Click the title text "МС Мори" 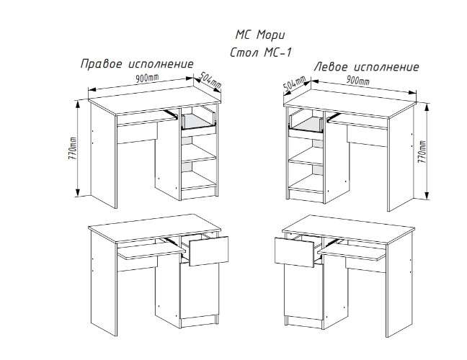260,35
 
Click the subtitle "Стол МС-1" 261,53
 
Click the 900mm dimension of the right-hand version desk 147,78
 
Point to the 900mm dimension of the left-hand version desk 357,80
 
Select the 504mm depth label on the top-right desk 294,84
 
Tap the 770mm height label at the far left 72,149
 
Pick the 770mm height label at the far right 422,151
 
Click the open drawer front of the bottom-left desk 209,251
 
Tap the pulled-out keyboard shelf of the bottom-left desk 151,252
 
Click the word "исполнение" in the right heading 386,67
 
